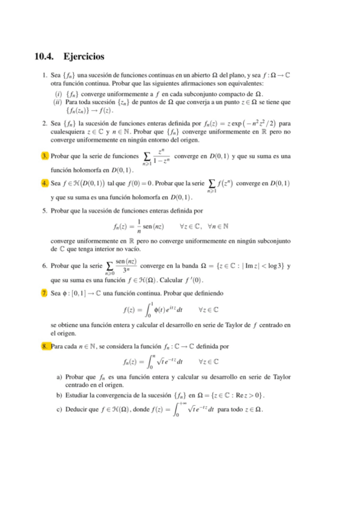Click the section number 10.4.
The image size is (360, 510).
point(46,57)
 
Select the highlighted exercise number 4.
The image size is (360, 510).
point(45,183)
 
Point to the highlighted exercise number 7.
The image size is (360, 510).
point(45,293)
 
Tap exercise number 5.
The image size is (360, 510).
point(45,211)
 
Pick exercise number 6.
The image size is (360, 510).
point(45,265)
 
